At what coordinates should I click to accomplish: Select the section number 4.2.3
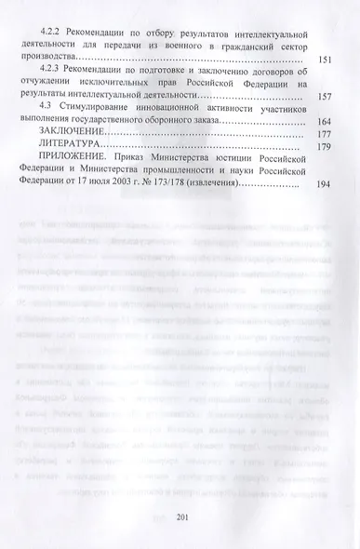(x=56, y=68)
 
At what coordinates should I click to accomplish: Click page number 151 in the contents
(x=327, y=60)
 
